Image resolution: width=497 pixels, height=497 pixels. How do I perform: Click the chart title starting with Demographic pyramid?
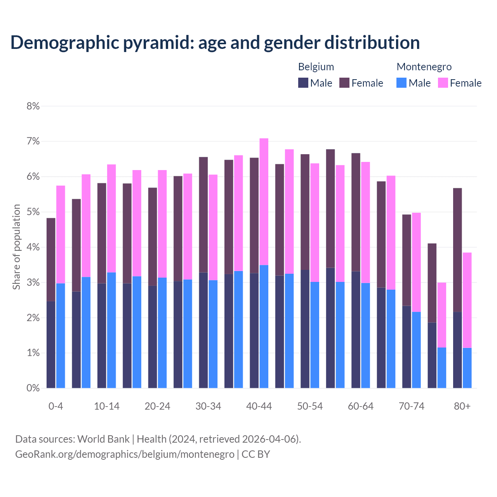click(215, 43)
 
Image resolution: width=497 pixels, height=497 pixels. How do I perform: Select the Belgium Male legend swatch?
click(303, 83)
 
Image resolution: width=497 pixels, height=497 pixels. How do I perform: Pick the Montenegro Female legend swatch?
click(443, 83)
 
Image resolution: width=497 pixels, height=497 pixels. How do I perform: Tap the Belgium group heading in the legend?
click(316, 67)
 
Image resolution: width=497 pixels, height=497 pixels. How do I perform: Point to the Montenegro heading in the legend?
click(424, 67)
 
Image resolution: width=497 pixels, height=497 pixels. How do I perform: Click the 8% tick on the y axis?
click(33, 106)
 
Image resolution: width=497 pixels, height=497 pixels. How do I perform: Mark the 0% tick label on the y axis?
click(33, 388)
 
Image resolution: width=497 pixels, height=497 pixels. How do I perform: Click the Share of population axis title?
click(16, 247)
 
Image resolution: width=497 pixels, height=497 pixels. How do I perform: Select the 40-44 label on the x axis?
click(259, 407)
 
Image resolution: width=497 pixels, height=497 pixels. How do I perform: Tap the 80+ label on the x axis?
click(462, 407)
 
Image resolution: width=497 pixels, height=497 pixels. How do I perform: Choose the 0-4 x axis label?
click(56, 407)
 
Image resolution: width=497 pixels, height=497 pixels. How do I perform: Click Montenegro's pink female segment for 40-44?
click(264, 202)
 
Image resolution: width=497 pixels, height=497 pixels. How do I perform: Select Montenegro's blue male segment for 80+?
click(467, 368)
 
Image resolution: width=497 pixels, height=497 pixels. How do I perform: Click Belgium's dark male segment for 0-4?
click(51, 344)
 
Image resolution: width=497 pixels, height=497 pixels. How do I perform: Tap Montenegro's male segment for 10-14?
click(111, 330)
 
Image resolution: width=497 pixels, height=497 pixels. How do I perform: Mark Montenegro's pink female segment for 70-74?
click(416, 262)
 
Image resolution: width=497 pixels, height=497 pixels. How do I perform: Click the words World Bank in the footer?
click(103, 439)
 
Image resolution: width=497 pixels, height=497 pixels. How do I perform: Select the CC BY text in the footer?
click(256, 454)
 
